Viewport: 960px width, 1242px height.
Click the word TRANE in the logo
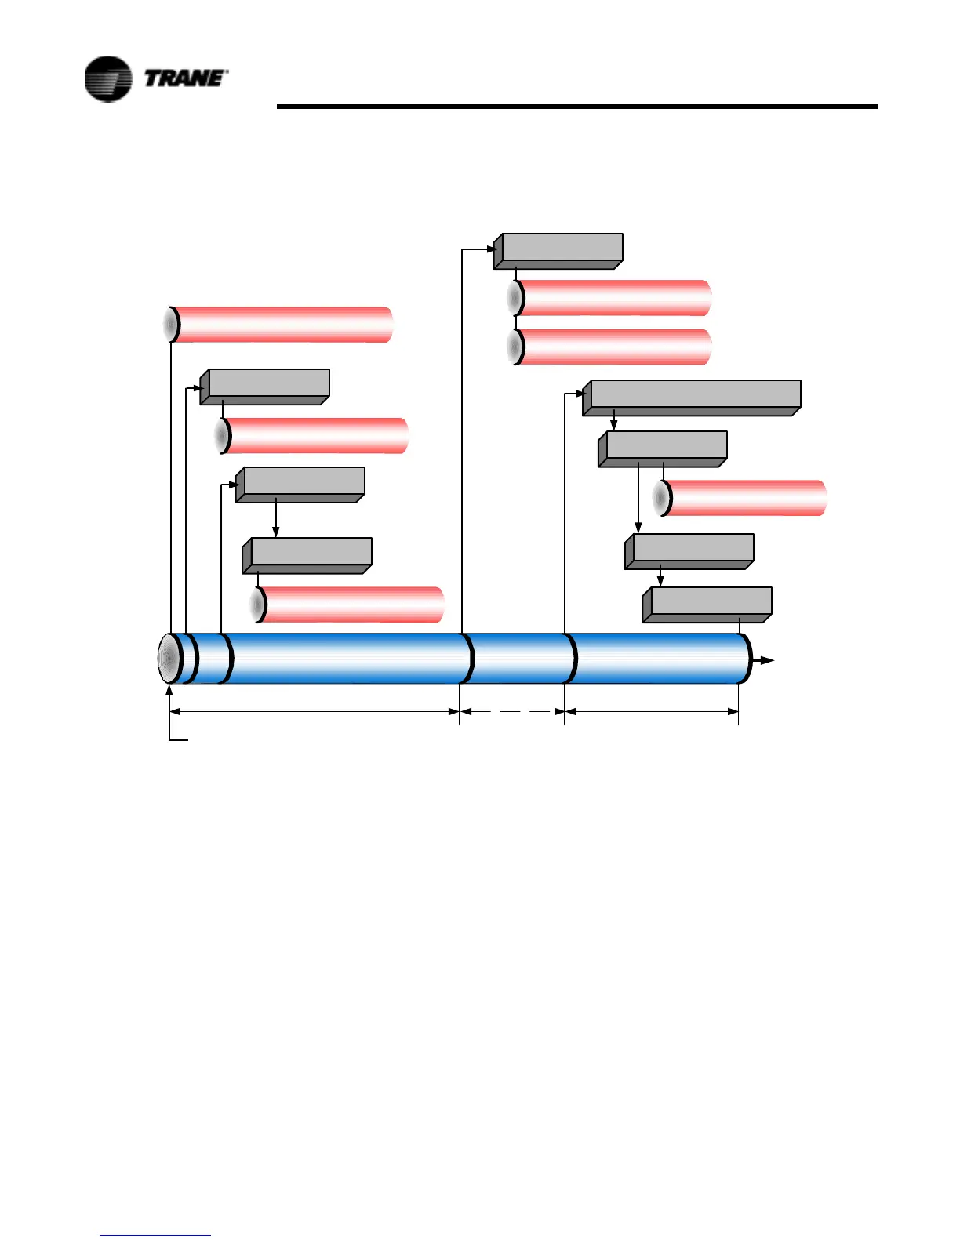(x=185, y=78)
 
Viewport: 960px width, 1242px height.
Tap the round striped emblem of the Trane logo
(x=108, y=79)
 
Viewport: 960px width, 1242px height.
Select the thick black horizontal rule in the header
(x=576, y=106)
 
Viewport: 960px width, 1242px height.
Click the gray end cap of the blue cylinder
(x=167, y=659)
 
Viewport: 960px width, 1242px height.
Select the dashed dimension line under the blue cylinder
(x=512, y=711)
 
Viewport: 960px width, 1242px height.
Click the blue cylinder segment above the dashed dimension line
(x=521, y=659)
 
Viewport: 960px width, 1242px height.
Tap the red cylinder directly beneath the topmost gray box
(x=612, y=298)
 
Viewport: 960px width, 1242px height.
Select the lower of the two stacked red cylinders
(x=612, y=347)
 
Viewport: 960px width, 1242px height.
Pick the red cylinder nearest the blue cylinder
(x=349, y=605)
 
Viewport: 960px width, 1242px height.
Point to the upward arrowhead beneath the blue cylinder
(x=169, y=691)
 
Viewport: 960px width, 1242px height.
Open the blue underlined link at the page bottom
(x=155, y=1235)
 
